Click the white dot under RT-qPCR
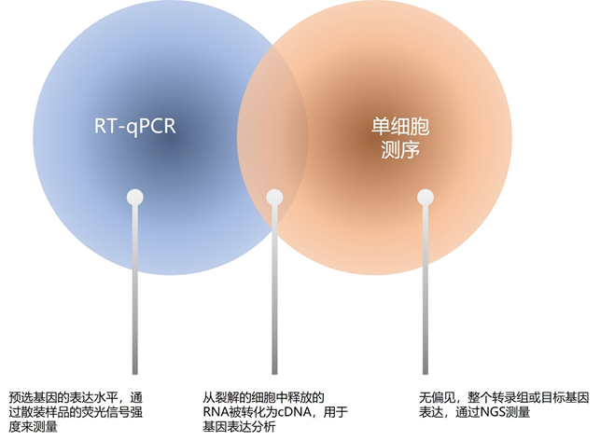point(135,197)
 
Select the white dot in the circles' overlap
point(274,197)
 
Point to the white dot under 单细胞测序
point(426,197)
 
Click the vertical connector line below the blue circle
point(135,298)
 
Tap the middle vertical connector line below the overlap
point(274,298)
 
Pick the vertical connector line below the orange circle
point(426,298)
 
